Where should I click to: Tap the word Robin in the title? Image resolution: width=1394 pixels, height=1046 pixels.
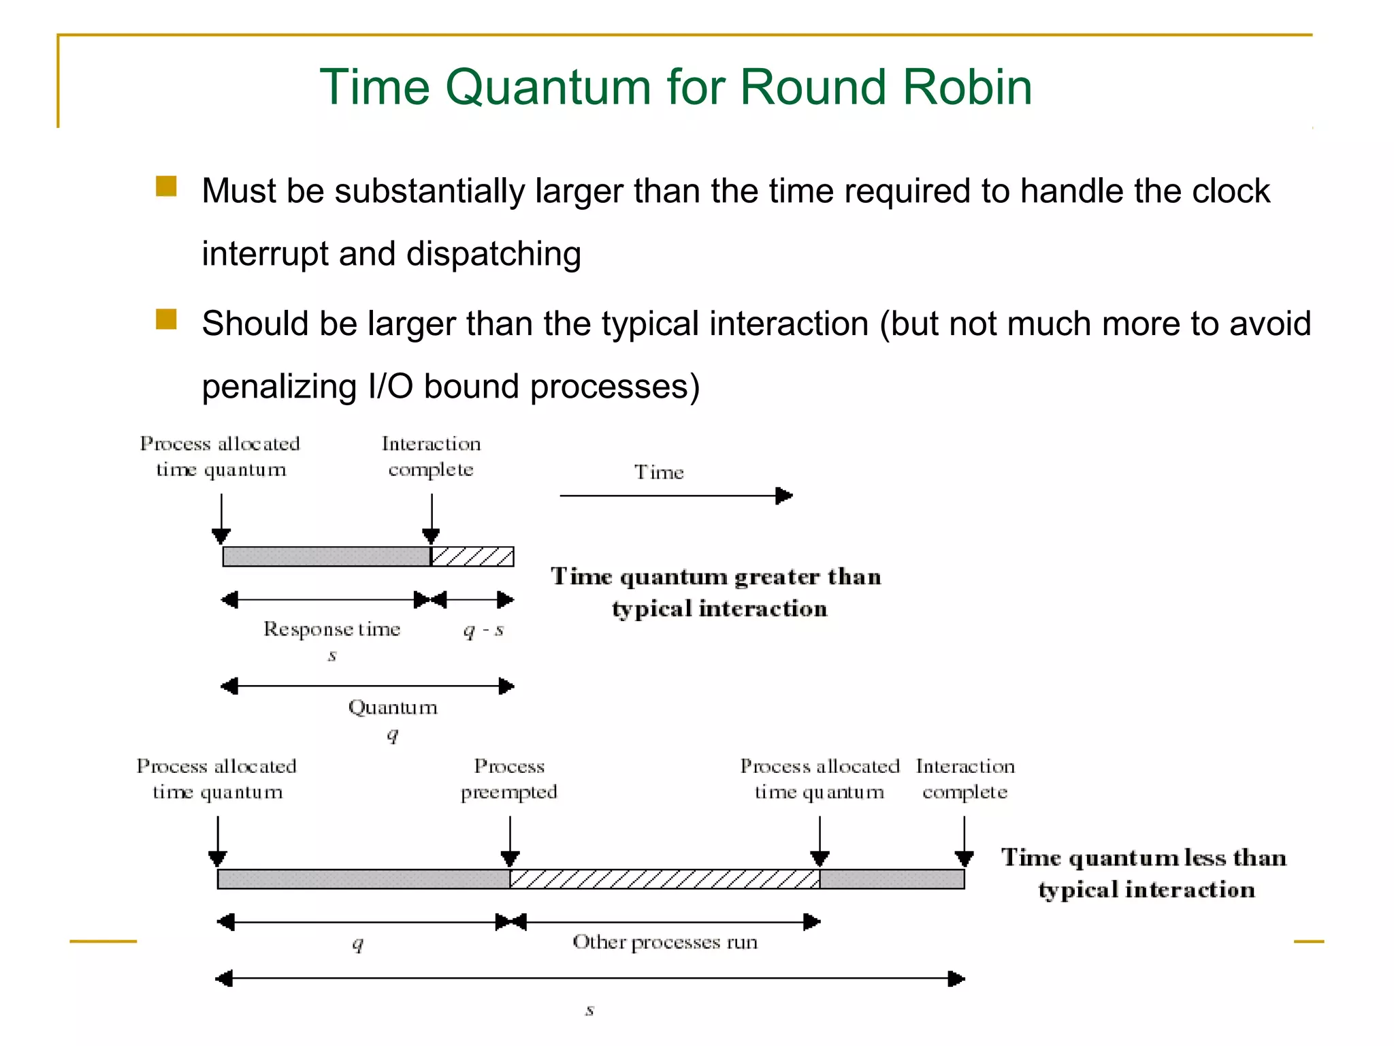(967, 88)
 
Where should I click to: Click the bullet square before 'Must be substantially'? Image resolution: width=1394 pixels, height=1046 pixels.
(166, 187)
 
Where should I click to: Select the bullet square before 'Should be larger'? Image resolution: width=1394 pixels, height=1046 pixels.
(166, 319)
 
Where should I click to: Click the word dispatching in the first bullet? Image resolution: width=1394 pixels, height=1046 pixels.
(493, 254)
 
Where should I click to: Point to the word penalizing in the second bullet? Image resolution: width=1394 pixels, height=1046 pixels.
(279, 387)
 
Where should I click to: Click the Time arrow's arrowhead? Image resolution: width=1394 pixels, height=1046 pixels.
(784, 496)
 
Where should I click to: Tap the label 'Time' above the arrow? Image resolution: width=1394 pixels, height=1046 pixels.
(659, 472)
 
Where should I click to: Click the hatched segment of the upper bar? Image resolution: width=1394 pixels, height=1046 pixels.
(472, 556)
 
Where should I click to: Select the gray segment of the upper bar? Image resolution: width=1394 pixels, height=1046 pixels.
(327, 556)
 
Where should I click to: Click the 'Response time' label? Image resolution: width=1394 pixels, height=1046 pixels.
(331, 629)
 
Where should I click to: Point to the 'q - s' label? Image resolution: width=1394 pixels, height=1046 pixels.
(483, 631)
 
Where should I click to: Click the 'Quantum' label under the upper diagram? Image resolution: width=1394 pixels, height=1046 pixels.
(393, 708)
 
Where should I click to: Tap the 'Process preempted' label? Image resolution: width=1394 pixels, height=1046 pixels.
(509, 779)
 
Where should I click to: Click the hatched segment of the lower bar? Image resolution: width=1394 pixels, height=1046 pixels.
(664, 879)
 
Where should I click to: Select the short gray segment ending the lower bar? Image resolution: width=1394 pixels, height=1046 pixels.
(892, 879)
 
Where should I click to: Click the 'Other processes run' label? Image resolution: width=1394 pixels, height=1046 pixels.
(665, 942)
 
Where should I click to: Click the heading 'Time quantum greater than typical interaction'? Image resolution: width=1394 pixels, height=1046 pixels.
(717, 592)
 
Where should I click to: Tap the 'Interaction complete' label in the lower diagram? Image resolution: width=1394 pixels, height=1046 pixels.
(965, 779)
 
